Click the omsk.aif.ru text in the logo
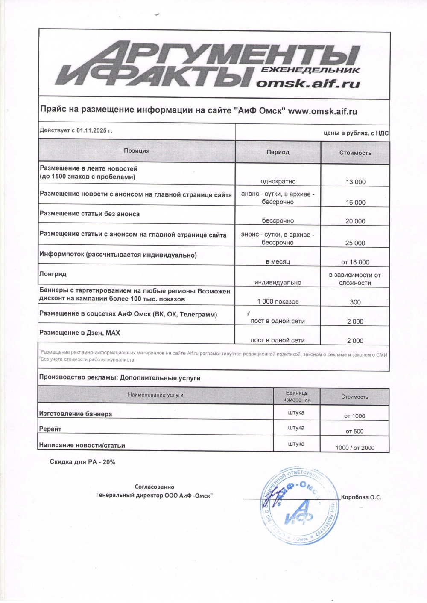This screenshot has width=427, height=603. click(307, 83)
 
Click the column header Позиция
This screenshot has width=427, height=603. click(137, 151)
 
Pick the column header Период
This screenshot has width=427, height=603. click(278, 152)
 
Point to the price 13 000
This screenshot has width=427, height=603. click(356, 182)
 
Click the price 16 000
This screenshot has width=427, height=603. click(356, 203)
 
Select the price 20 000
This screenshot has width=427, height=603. click(355, 221)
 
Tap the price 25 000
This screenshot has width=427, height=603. click(355, 243)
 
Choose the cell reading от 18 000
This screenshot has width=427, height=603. click(355, 262)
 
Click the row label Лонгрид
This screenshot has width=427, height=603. click(53, 274)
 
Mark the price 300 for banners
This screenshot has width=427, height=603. click(355, 302)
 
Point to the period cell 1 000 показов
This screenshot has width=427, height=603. click(278, 301)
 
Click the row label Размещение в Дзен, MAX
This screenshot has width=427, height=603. click(79, 333)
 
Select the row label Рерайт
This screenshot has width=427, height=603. click(50, 429)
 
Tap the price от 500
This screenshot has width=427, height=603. click(355, 431)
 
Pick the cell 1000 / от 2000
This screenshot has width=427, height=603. click(355, 448)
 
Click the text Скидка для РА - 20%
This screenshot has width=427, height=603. click(82, 462)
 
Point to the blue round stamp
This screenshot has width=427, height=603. click(299, 506)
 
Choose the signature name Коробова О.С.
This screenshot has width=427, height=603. click(361, 497)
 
